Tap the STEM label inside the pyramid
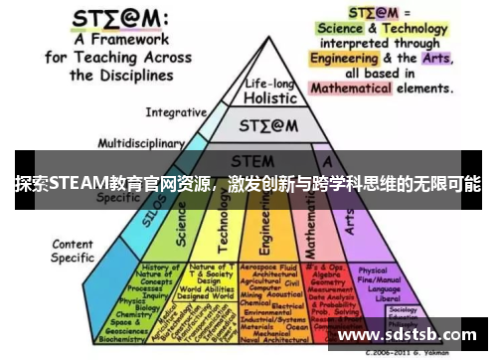252,160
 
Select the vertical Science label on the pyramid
180,223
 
